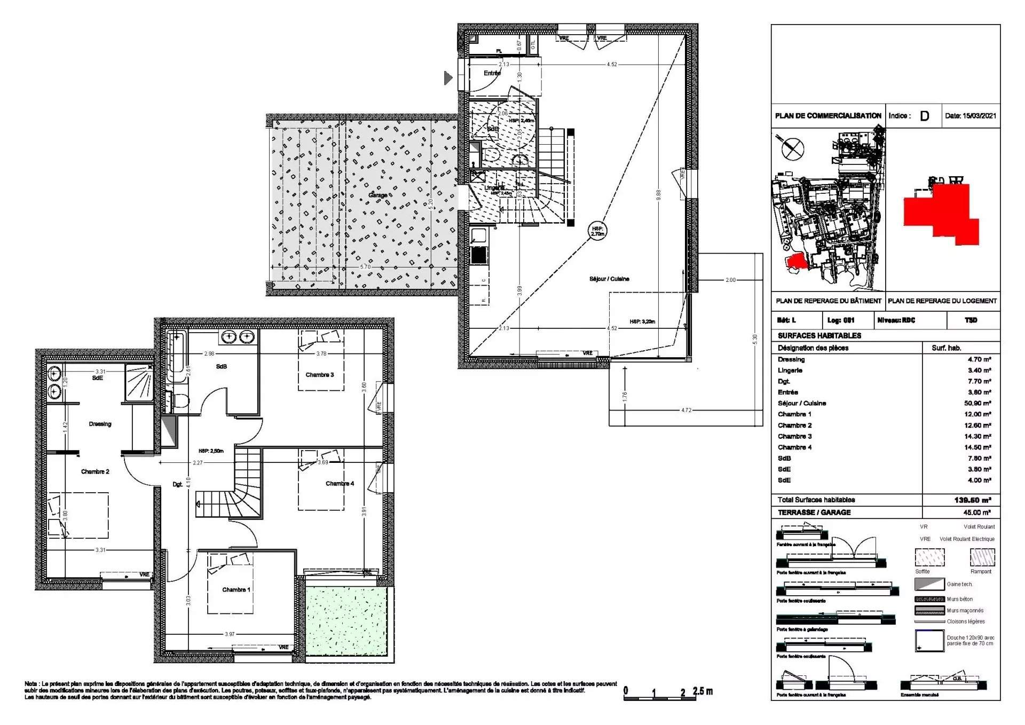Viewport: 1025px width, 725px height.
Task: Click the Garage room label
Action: pos(377,195)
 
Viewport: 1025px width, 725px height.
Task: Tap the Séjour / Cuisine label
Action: pos(609,279)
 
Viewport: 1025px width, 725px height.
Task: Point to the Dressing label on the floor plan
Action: pos(100,424)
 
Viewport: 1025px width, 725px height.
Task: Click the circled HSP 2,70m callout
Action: pos(598,231)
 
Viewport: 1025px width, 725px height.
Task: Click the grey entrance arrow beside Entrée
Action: pos(448,78)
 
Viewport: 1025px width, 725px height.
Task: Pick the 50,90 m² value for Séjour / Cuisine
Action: pos(979,403)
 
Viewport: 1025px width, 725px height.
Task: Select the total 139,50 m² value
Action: pos(972,500)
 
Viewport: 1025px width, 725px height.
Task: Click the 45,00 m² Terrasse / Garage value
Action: pos(979,513)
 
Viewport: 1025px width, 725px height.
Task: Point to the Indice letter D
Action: pos(924,116)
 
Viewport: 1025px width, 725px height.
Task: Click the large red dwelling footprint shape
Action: pos(941,212)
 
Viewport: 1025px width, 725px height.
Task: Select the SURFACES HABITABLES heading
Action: pos(819,336)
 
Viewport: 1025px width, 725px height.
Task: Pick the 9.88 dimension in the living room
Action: pos(658,195)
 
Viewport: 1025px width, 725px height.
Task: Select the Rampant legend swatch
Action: pos(982,558)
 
